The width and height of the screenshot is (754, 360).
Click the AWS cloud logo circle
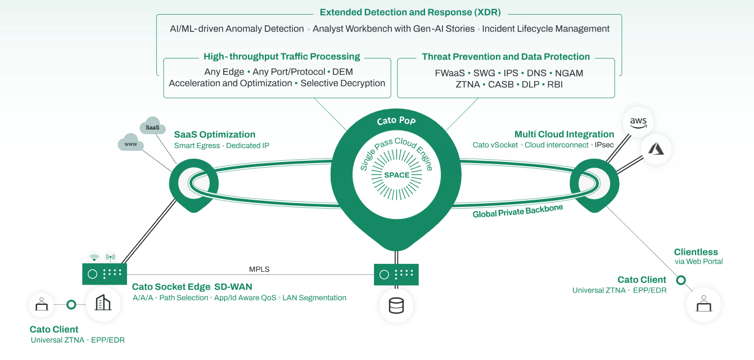(638, 121)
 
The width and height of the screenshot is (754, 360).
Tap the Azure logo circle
(656, 149)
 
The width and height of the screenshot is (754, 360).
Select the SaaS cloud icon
(152, 127)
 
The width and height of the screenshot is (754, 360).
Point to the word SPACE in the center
(396, 175)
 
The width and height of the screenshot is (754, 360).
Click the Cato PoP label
(396, 121)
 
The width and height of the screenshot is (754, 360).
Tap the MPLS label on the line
(259, 269)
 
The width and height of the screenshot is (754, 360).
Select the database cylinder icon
(396, 306)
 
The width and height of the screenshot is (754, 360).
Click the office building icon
(103, 304)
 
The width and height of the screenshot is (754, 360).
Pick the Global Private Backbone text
(517, 211)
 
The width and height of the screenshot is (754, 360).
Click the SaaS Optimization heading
(214, 134)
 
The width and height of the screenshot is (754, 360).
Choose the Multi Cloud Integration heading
(564, 134)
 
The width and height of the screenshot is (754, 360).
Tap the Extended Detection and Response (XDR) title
(410, 12)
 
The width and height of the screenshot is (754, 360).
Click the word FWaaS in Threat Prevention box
(450, 73)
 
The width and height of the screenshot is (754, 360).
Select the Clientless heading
(696, 252)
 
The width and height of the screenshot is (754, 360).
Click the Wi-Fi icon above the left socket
(94, 257)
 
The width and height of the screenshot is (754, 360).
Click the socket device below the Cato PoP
(396, 274)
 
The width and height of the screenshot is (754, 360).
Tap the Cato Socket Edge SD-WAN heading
(192, 287)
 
